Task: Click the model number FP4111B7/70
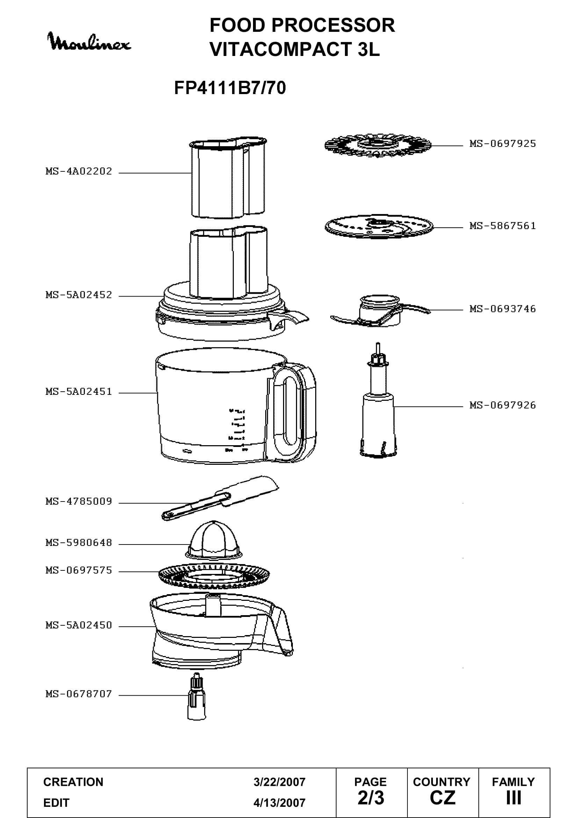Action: pyautogui.click(x=230, y=88)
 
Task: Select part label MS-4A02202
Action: pyautogui.click(x=79, y=171)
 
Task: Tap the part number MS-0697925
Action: pyautogui.click(x=503, y=144)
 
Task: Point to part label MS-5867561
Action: pyautogui.click(x=503, y=226)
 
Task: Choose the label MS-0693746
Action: pyautogui.click(x=503, y=309)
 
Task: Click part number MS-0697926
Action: pyautogui.click(x=503, y=405)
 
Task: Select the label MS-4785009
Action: pyautogui.click(x=79, y=502)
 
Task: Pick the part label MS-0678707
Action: pyautogui.click(x=79, y=694)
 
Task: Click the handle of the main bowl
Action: pyautogui.click(x=306, y=410)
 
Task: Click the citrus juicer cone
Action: pyautogui.click(x=214, y=540)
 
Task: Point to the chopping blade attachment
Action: pyautogui.click(x=380, y=311)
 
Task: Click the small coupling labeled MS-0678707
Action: pyautogui.click(x=196, y=696)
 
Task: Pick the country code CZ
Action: pyautogui.click(x=442, y=798)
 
